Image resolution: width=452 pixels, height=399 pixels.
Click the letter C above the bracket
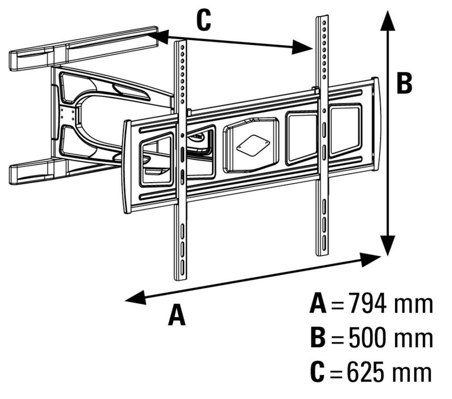203,21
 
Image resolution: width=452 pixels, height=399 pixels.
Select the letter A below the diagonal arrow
176,315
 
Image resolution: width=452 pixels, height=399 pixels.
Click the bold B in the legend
319,338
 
